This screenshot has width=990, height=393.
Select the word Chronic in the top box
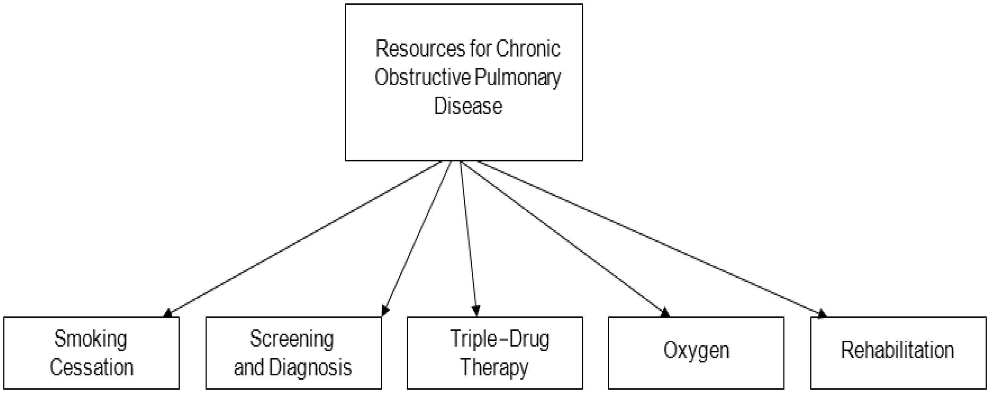[x=528, y=48]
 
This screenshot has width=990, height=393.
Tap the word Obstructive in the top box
[x=422, y=77]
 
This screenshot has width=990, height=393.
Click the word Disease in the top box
[x=468, y=106]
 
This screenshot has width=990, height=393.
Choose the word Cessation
[x=91, y=367]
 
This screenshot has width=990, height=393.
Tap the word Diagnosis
[x=310, y=368]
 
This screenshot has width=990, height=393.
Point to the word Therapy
[x=494, y=368]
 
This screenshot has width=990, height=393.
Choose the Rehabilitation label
[x=898, y=350]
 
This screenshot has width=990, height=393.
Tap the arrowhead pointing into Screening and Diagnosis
[x=385, y=311]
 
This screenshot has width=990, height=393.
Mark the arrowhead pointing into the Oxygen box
[x=665, y=313]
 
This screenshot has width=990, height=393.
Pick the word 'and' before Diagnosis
[x=249, y=367]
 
